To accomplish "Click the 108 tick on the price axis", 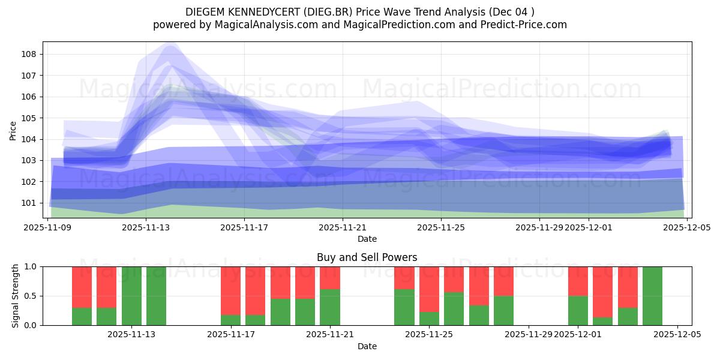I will (x=29, y=54).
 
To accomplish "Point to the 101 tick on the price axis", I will (x=29, y=203).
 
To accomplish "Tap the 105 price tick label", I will (x=29, y=118).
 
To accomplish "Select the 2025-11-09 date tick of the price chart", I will (x=47, y=227).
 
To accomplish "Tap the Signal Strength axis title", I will (x=15, y=296).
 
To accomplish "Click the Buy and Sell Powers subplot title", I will (x=367, y=257).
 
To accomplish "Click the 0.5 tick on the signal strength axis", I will (x=30, y=296).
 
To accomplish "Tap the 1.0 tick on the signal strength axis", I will (x=30, y=266).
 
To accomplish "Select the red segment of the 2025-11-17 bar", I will (x=230, y=290).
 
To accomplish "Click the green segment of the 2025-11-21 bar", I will (x=330, y=307).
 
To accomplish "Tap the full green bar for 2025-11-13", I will (x=131, y=296).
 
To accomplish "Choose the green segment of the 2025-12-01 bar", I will (x=578, y=310).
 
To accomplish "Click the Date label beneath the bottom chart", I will (x=367, y=346).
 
